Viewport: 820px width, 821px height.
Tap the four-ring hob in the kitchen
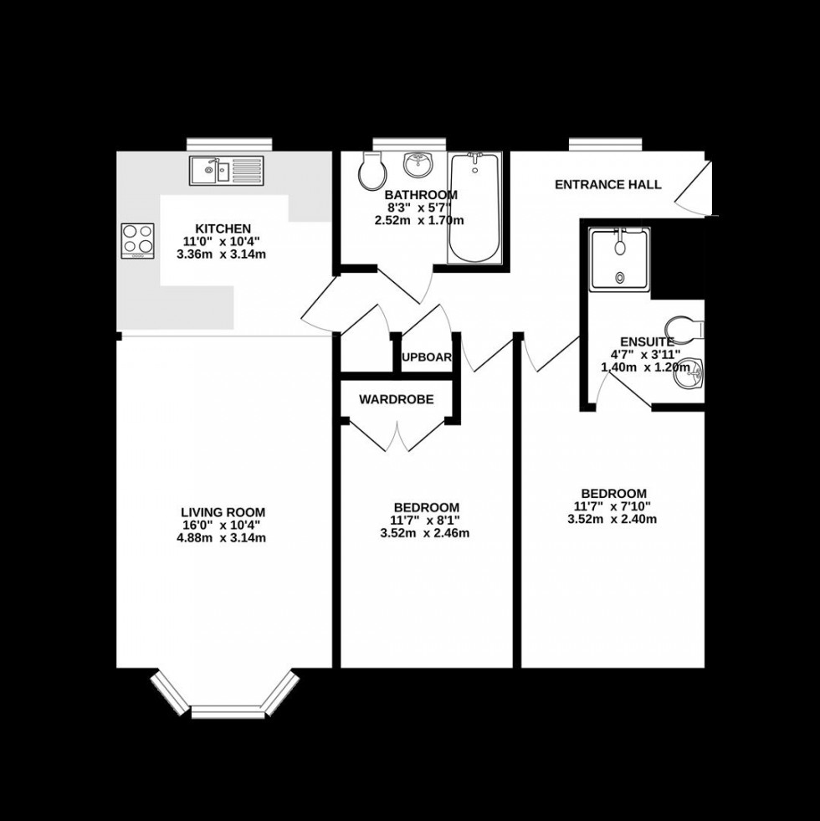(x=138, y=239)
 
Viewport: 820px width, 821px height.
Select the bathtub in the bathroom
(x=474, y=207)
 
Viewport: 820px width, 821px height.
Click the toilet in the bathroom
(x=371, y=171)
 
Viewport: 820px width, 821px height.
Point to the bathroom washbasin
(x=418, y=165)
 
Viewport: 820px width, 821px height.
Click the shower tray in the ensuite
(x=619, y=259)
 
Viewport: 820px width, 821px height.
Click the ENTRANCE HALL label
(x=608, y=184)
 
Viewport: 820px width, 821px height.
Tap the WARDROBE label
(x=397, y=400)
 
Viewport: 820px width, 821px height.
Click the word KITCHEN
(x=223, y=228)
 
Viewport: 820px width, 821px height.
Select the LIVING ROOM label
(x=223, y=513)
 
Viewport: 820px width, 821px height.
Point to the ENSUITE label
(x=648, y=341)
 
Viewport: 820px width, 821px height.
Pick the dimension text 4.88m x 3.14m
(x=223, y=538)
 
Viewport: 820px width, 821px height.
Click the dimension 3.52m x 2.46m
(x=425, y=532)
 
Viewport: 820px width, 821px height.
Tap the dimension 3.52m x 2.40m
(x=612, y=519)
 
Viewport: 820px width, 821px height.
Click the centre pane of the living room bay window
(x=228, y=711)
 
